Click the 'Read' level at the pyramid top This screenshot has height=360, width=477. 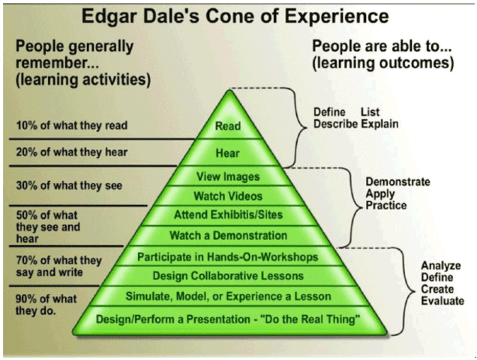228,126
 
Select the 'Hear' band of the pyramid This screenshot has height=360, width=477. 228,154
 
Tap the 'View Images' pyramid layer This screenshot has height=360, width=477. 228,177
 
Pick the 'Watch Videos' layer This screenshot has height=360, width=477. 228,196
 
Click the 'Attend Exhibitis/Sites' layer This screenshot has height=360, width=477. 228,216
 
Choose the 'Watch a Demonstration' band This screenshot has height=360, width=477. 228,235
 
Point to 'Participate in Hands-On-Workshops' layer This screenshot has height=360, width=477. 228,256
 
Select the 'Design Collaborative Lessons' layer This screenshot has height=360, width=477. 228,275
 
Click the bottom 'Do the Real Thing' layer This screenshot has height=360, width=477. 228,319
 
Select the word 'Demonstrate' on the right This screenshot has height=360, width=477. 397,182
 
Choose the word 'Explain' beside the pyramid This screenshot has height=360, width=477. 379,124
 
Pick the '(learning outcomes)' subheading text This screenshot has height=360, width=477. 382,63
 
